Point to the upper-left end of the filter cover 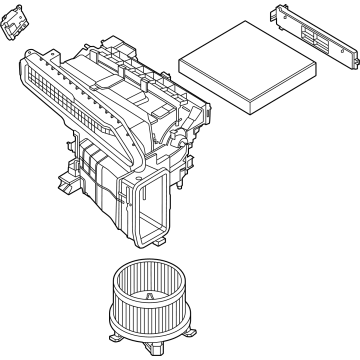(x=276, y=14)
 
